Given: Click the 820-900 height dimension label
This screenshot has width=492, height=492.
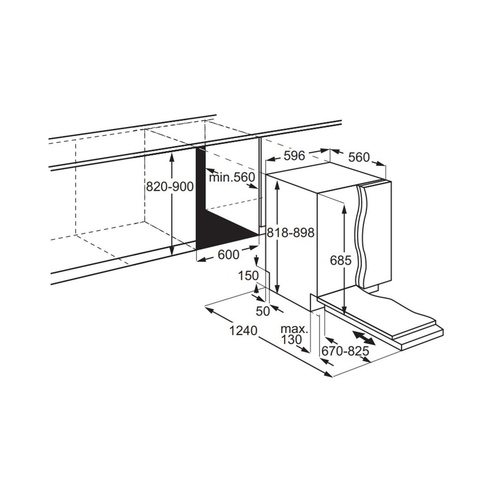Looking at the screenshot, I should coord(170,187).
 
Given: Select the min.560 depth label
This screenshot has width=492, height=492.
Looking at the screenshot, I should coord(232,177).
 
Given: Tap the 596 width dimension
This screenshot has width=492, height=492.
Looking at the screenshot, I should coord(295,156).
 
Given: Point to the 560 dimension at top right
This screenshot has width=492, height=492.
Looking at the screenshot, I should coord(358,157).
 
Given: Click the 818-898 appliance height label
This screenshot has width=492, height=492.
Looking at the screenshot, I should coord(290,233).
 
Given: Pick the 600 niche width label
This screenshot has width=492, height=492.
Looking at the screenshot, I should coord(228,254).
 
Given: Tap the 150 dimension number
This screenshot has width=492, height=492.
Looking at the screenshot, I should coord(248,276).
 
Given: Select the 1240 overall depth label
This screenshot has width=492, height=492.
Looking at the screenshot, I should coord(243,331).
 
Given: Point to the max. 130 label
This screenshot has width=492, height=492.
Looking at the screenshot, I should coord(294,334).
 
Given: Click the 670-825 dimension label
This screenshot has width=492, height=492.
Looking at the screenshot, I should coord(345,351).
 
